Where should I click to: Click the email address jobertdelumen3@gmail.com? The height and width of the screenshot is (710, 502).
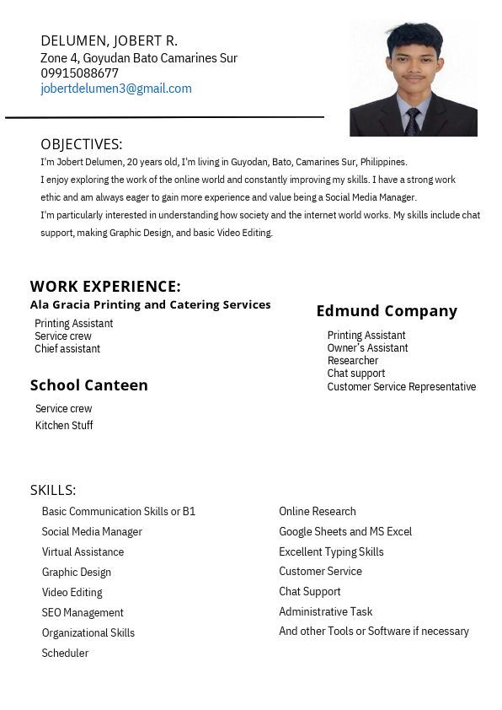[x=116, y=89]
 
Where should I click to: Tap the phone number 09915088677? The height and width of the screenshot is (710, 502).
[x=79, y=73]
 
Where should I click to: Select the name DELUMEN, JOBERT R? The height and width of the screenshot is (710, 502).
[x=109, y=40]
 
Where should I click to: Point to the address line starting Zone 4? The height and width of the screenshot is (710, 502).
[x=139, y=58]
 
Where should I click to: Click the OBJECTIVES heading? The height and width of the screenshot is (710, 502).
[x=81, y=144]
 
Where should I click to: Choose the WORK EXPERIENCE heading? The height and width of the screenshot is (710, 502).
[x=105, y=286]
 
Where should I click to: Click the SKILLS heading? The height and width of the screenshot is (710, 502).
[x=53, y=490]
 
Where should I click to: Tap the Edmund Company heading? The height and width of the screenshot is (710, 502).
[x=387, y=311]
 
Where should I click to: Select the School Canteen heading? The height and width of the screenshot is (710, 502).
[x=88, y=385]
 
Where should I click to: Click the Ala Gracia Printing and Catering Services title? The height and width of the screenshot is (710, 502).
[x=150, y=304]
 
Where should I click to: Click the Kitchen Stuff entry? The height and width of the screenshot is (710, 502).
[x=64, y=426]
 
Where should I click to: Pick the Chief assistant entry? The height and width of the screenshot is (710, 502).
[x=67, y=349]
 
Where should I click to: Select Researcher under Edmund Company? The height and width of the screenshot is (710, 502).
[x=353, y=361]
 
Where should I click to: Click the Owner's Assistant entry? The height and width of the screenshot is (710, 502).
[x=367, y=348]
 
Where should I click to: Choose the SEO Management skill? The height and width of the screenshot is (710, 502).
[x=83, y=613]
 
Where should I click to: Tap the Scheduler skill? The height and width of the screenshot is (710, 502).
[x=65, y=654]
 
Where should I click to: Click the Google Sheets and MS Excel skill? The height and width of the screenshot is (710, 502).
[x=345, y=532]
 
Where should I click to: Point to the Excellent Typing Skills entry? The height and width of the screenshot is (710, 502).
[x=331, y=552]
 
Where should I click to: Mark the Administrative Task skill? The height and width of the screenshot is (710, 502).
[x=325, y=612]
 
